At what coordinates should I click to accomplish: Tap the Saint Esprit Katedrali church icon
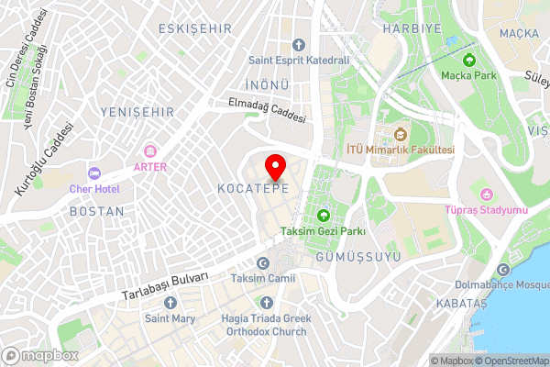pyautogui.click(x=298, y=45)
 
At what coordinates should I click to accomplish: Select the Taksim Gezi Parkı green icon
pyautogui.click(x=323, y=216)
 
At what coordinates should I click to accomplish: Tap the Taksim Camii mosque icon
pyautogui.click(x=263, y=262)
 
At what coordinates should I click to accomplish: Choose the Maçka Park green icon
pyautogui.click(x=469, y=61)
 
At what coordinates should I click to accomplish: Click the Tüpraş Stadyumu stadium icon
pyautogui.click(x=487, y=194)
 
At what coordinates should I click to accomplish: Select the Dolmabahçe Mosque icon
pyautogui.click(x=503, y=269)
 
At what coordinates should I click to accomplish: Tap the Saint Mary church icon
pyautogui.click(x=170, y=303)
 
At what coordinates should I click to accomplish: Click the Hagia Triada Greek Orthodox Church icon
pyautogui.click(x=267, y=303)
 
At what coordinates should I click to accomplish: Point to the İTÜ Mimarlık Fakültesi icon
pyautogui.click(x=401, y=134)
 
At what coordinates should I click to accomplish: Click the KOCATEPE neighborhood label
pyautogui.click(x=254, y=188)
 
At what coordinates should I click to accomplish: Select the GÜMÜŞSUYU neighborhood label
pyautogui.click(x=357, y=257)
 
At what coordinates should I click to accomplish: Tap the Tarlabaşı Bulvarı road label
pyautogui.click(x=166, y=286)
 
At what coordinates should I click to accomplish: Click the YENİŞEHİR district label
pyautogui.click(x=137, y=112)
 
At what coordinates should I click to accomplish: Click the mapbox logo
pyautogui.click(x=39, y=355)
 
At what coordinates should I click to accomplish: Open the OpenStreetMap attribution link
pyautogui.click(x=511, y=361)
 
